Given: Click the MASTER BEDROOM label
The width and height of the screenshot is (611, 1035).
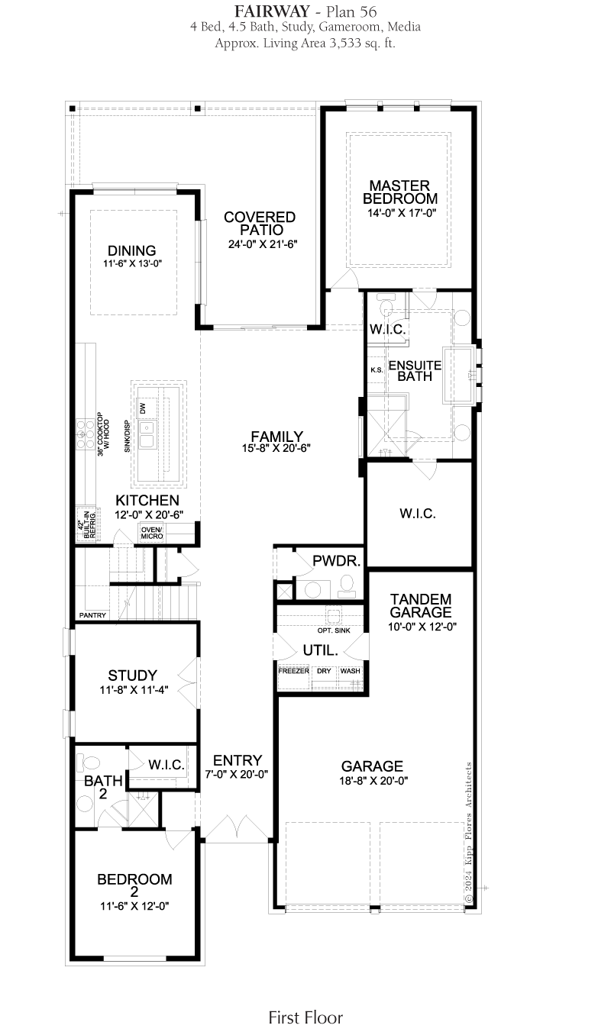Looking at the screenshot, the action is point(399,192).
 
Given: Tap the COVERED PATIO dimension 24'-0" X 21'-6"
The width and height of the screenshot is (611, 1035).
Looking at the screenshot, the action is point(263,244).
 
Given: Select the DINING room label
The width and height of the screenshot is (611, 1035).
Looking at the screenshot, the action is point(131,251).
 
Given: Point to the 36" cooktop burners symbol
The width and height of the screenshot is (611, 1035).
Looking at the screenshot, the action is point(86,434).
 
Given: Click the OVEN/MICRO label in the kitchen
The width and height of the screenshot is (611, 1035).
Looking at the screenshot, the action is point(152,533).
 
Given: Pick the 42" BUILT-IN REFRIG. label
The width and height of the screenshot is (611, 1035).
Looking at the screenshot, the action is point(86,524).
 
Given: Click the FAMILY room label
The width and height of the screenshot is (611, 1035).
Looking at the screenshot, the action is point(276,436).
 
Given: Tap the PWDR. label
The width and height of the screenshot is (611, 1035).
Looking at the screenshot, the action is point(337,561).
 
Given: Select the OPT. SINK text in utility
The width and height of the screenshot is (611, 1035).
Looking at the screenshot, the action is point(334,630).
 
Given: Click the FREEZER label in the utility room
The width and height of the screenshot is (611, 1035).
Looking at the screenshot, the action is point(293,671).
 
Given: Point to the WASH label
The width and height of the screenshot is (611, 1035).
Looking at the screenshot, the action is point(351,671).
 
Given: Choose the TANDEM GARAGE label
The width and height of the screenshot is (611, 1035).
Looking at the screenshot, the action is point(421,606).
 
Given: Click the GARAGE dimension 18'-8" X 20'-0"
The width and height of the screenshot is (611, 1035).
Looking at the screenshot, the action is point(373,780).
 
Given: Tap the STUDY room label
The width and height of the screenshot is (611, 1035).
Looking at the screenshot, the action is point(133,675).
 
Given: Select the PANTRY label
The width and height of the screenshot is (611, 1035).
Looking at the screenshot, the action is point(92,615).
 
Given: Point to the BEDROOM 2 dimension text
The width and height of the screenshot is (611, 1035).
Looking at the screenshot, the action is point(134,906).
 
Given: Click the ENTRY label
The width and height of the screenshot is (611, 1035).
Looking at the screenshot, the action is point(238,760).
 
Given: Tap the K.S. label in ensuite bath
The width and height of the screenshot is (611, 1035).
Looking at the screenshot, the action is point(377,369).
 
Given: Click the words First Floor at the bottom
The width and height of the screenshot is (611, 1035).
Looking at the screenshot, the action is point(305,1017).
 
